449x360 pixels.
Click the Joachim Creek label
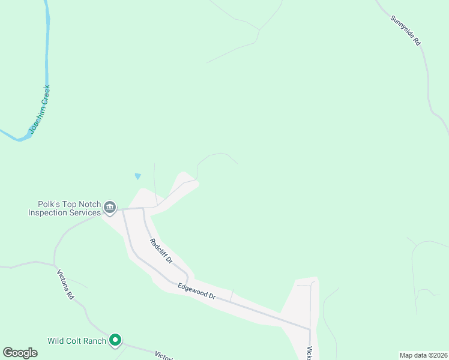click(x=40, y=109)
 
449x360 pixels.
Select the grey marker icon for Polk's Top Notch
click(x=110, y=208)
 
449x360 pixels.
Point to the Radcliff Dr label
click(x=161, y=251)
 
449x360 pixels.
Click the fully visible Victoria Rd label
click(x=65, y=284)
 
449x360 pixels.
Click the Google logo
click(x=20, y=353)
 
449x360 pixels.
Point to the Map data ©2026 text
click(x=423, y=355)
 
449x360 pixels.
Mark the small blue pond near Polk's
click(x=138, y=176)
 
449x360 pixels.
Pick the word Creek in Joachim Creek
click(x=45, y=96)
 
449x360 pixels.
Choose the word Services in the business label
click(x=85, y=213)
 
